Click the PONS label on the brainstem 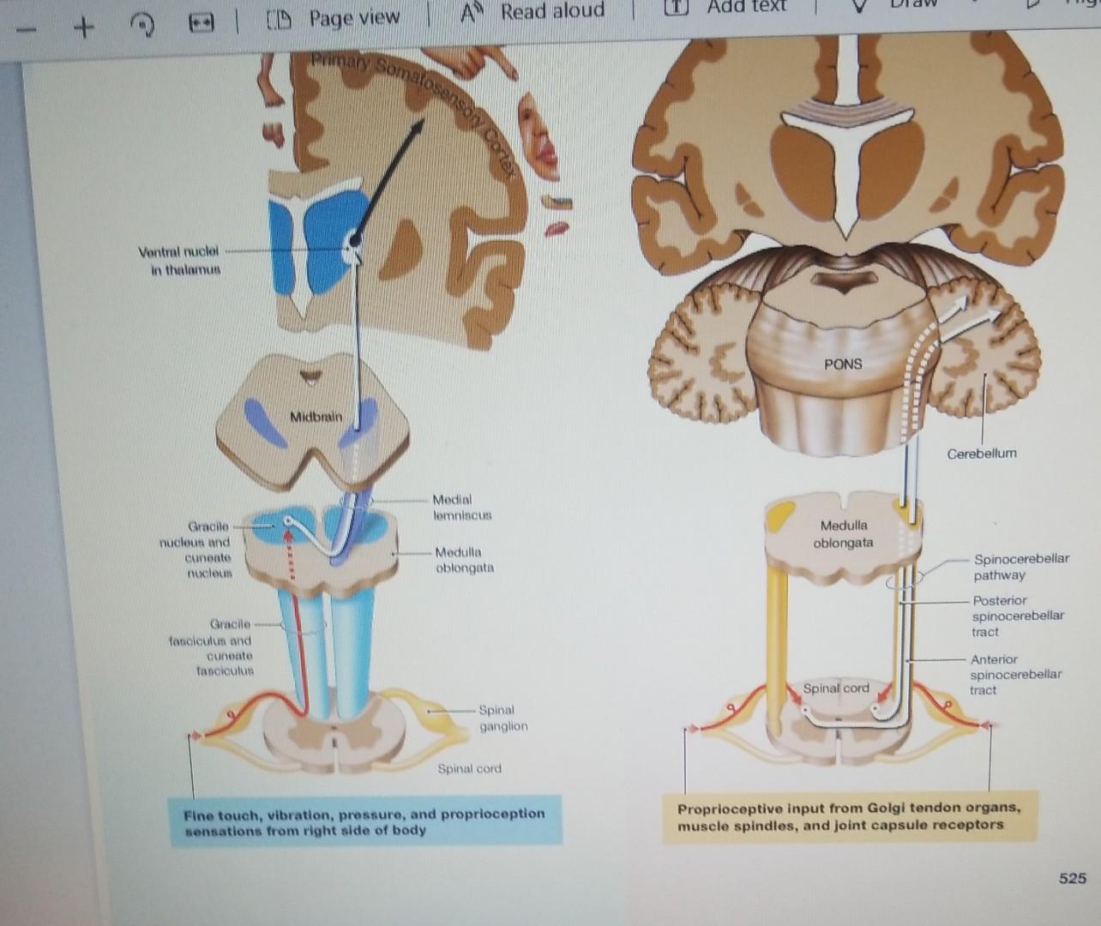tap(843, 364)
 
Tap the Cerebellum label tap(982, 454)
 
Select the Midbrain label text tap(316, 417)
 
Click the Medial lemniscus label tap(462, 508)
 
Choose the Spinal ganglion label tap(502, 718)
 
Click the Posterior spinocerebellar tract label tap(1017, 616)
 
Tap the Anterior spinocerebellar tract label tap(1015, 675)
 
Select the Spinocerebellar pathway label tap(1020, 567)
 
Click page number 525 tap(1072, 878)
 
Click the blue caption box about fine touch tap(365, 821)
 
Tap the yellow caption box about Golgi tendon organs tap(849, 816)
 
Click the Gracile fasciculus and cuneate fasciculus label tap(212, 647)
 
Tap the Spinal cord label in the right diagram tap(835, 688)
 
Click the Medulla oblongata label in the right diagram tap(843, 533)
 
